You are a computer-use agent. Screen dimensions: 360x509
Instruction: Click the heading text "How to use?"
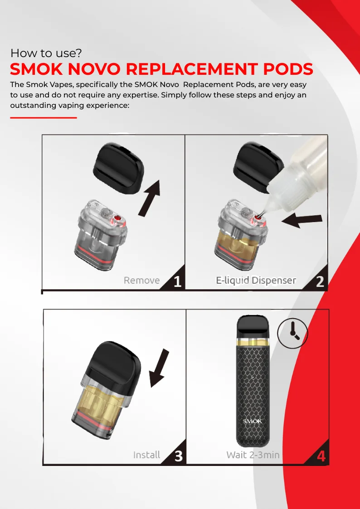click(x=46, y=53)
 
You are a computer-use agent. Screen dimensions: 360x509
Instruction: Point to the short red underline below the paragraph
click(x=44, y=117)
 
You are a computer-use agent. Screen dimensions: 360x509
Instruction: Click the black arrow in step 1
click(x=149, y=198)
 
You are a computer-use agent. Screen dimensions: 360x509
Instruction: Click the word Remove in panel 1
click(x=141, y=281)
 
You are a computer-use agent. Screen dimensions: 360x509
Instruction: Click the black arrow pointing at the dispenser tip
click(x=302, y=220)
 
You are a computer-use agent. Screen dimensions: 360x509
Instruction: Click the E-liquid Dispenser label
click(x=256, y=281)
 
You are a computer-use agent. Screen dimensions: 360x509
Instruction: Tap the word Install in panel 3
click(x=147, y=455)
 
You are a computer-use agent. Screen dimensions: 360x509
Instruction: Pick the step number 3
click(x=179, y=456)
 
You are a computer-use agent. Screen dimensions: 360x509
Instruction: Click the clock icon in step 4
click(x=292, y=333)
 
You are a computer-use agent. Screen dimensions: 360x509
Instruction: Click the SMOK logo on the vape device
click(x=253, y=422)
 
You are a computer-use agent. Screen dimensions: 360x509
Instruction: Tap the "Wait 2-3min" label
click(x=253, y=455)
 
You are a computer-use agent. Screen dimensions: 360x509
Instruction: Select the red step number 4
click(x=321, y=456)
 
